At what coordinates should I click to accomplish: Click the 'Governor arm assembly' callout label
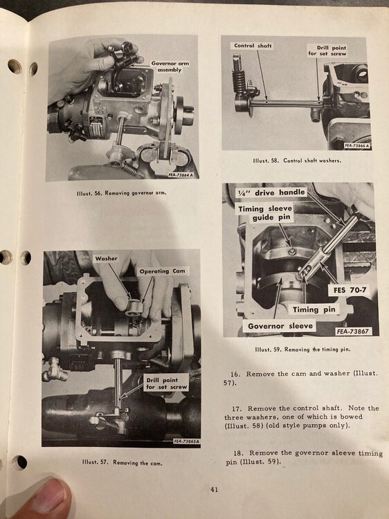pos(170,66)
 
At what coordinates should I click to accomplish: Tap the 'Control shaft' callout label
pos(253,46)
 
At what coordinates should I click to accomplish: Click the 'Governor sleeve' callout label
pos(278,326)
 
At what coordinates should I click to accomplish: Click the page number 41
pos(215,489)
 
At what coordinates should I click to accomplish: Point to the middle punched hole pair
pos(15,257)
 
